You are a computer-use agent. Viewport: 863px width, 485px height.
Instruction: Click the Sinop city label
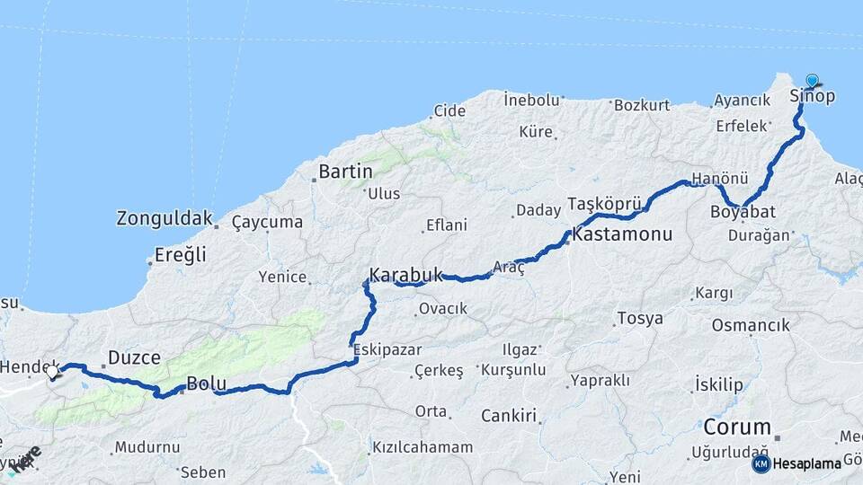coord(812,96)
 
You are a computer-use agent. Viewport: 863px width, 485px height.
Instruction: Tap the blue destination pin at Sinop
coord(813,81)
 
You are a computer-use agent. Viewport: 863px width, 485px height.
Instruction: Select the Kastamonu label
coord(622,235)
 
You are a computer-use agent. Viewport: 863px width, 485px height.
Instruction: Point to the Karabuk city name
coord(405,275)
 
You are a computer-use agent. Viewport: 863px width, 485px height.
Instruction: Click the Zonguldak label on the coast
coord(165,218)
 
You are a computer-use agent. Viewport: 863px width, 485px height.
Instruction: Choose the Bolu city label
coord(206,386)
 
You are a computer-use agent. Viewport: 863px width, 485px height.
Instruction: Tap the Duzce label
coord(134,358)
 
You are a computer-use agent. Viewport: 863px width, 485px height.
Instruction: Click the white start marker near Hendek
coord(52,372)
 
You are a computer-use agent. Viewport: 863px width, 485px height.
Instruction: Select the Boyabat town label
coord(743,213)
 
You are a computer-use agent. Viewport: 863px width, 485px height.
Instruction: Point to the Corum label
coord(737,427)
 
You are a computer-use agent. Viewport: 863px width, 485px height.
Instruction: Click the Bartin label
coord(345,172)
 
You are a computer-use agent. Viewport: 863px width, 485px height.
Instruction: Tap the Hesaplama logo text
coord(807,464)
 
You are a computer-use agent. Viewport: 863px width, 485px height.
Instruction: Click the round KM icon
coord(761,464)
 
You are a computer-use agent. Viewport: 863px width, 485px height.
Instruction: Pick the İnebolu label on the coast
coord(531,99)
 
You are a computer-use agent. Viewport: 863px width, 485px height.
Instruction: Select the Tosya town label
coord(640,318)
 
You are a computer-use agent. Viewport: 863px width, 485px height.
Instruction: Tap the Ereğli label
coord(181,255)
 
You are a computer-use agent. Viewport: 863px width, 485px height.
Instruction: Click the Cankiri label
coord(509,416)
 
